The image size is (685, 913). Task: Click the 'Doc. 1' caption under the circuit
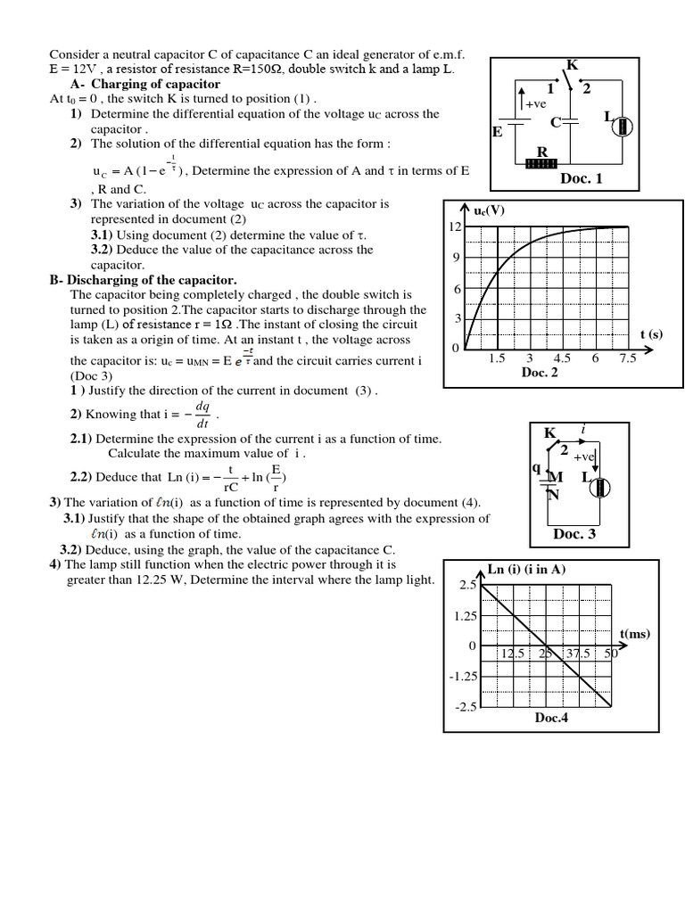581,178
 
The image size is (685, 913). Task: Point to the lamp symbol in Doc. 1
623,127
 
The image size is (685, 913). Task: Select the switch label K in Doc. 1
572,64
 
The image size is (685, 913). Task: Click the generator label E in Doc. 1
497,132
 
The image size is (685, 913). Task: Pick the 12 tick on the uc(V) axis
454,227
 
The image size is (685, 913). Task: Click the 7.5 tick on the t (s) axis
628,358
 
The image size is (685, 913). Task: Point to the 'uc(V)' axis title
491,210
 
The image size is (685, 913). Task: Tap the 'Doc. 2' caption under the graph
540,372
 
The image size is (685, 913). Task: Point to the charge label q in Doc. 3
536,466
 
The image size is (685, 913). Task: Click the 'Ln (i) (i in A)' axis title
526,569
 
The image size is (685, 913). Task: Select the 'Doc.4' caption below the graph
551,718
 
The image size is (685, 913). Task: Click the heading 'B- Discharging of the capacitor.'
143,280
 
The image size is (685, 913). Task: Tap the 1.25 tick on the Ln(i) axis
466,615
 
